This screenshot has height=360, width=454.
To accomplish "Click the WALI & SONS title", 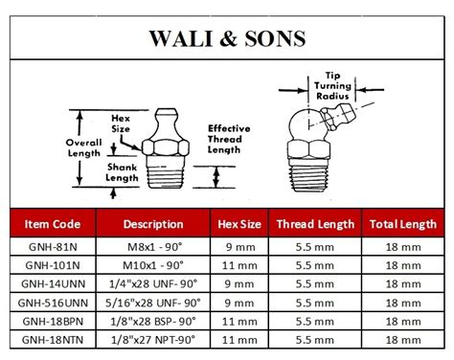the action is click(226, 39).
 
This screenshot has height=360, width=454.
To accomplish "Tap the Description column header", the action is click(153, 224).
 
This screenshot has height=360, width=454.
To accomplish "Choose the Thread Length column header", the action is click(315, 224).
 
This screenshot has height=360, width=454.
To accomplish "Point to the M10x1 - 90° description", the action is click(153, 264).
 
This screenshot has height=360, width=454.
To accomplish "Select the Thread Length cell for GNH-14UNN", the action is click(315, 282).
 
